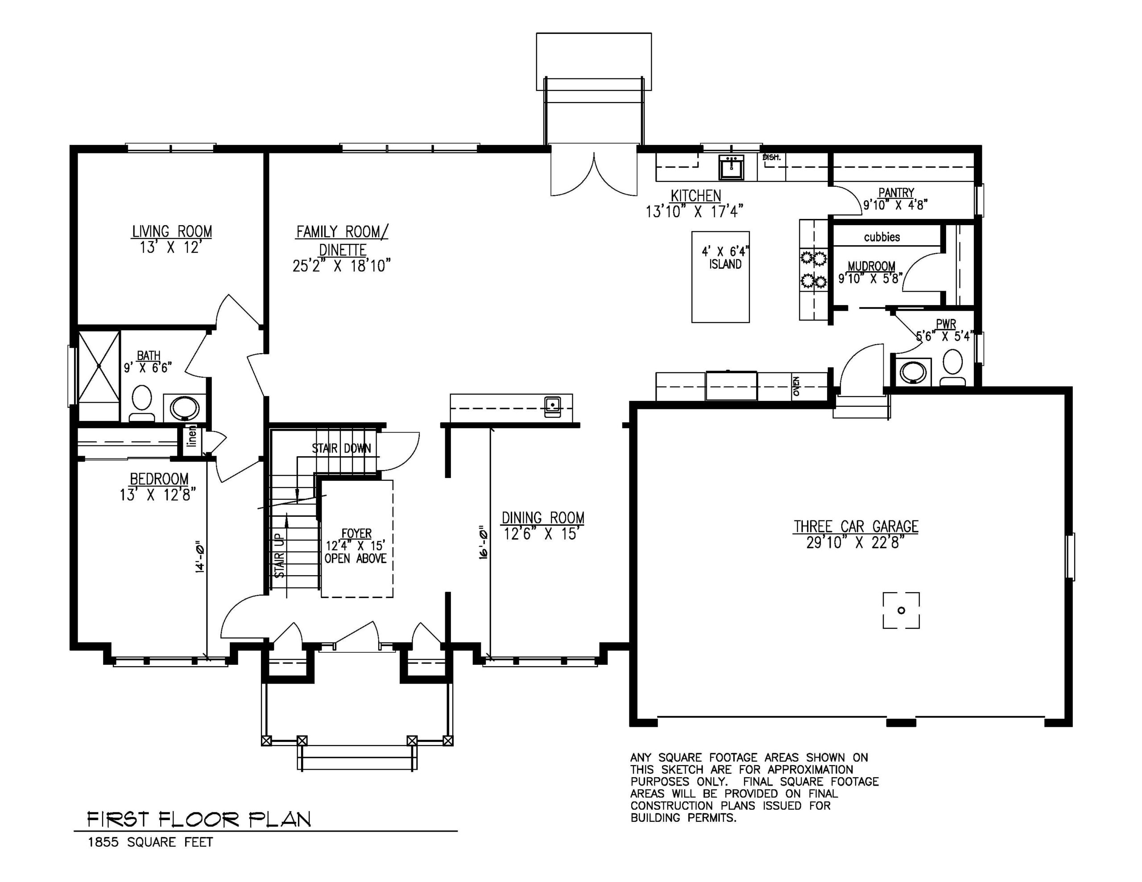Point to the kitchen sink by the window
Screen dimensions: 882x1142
pyautogui.click(x=731, y=167)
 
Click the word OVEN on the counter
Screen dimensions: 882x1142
pyautogui.click(x=796, y=387)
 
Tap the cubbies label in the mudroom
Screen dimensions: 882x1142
pyautogui.click(x=881, y=237)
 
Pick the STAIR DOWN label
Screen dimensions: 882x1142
pyautogui.click(x=341, y=448)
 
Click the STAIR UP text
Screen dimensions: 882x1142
pyautogui.click(x=280, y=555)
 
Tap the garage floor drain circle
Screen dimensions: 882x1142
pyautogui.click(x=901, y=610)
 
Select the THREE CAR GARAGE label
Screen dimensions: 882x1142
pyautogui.click(x=856, y=527)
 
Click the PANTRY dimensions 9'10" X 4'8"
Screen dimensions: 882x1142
pyautogui.click(x=895, y=205)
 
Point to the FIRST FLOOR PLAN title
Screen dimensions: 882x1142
pyautogui.click(x=199, y=819)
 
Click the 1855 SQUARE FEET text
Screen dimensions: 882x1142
pyautogui.click(x=150, y=842)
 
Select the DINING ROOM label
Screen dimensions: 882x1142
pyautogui.click(x=543, y=518)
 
